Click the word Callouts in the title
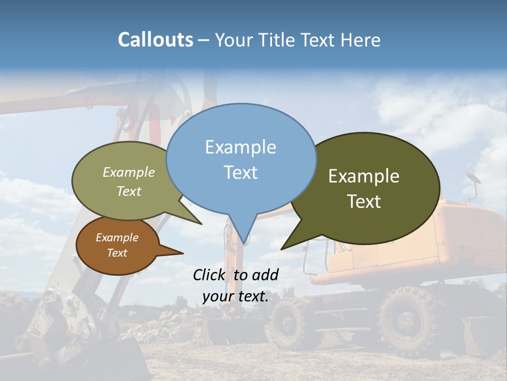(155, 40)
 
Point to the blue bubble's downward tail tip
(243, 243)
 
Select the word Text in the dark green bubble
(364, 202)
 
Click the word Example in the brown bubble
(117, 238)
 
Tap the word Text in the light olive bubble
(129, 191)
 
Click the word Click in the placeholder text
(210, 275)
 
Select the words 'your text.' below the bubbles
(235, 297)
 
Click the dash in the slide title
(204, 40)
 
